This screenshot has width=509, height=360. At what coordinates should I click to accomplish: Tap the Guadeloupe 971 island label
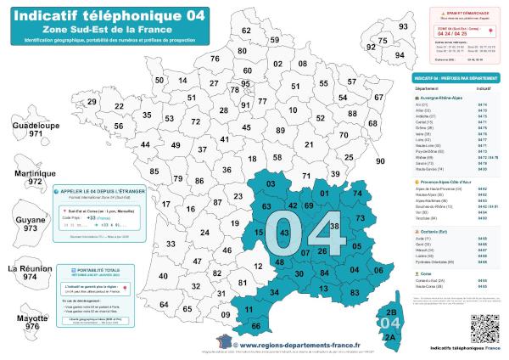(x=35, y=129)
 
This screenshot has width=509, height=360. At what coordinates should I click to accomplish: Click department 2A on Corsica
(x=390, y=336)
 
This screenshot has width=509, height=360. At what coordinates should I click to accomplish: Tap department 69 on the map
(x=307, y=204)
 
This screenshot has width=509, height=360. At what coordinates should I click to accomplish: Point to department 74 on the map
(x=356, y=194)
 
